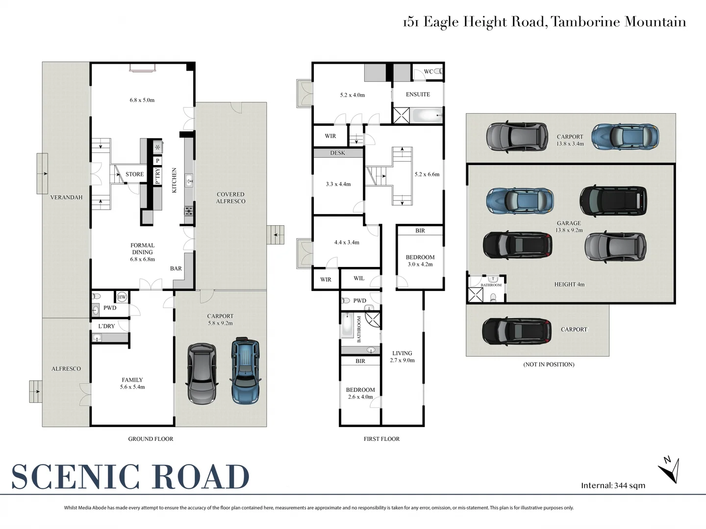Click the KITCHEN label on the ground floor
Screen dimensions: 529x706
174,180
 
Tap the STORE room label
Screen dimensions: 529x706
134,174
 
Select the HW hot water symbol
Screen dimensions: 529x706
122,297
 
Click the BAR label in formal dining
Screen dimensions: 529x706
176,268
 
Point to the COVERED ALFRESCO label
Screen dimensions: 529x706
230,198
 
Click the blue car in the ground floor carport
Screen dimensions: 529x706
245,370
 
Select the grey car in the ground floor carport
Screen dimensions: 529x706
202,374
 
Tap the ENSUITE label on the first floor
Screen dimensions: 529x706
418,95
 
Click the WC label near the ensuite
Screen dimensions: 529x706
428,72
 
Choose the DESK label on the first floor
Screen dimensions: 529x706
337,153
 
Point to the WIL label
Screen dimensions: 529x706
359,278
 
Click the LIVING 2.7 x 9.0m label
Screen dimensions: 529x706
402,357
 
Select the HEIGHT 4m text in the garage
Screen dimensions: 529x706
569,284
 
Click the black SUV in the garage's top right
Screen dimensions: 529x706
613,201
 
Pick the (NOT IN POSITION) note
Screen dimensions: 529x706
549,364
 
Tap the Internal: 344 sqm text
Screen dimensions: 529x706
613,485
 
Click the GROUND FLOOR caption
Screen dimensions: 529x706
151,439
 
